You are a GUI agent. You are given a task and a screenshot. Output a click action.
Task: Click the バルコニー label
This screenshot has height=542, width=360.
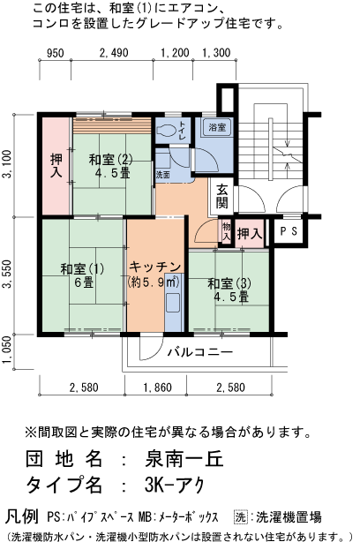click(x=200, y=352)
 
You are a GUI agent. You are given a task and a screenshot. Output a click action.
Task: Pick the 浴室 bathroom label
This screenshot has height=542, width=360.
click(x=216, y=129)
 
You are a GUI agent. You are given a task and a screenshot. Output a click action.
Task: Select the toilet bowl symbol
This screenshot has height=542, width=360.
click(x=165, y=130)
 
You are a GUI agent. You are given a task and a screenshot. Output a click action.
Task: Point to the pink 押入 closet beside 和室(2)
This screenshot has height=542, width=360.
click(x=55, y=167)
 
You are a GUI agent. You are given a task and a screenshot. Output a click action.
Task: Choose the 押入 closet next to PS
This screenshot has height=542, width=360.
click(x=251, y=234)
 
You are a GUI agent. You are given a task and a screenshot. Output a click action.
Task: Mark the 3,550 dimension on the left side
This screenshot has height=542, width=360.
click(x=8, y=275)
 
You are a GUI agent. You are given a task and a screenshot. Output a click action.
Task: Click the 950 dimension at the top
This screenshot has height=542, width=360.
click(x=55, y=53)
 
